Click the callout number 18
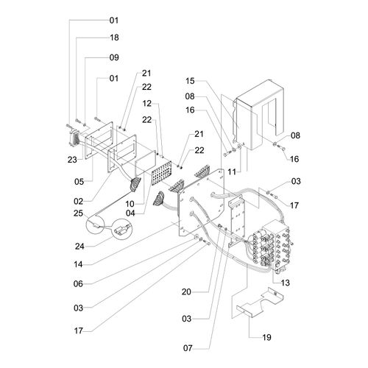114,38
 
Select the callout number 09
114,57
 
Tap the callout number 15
190,81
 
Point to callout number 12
147,103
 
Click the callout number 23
72,160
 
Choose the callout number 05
79,182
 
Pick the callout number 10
130,204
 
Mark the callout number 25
78,213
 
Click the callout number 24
79,246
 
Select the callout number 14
78,264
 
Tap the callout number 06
78,284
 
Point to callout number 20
186,291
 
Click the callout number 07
188,348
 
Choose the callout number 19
266,337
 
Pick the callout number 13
286,283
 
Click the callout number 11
232,171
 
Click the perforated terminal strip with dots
161,173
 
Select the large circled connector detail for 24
122,229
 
